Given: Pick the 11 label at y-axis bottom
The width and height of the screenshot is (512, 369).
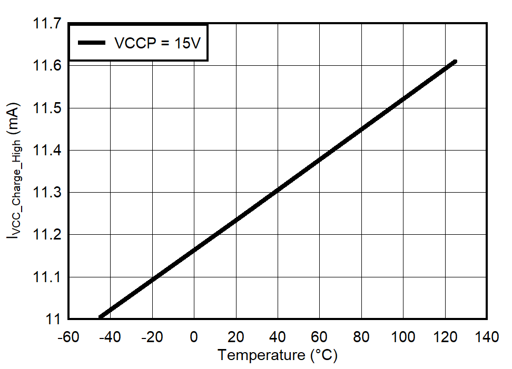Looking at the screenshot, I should (53, 319).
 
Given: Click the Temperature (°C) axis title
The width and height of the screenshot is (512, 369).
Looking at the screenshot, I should (278, 355).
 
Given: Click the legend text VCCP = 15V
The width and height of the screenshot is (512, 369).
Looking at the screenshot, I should (157, 43).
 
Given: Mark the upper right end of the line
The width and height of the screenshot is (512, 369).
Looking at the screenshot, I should (455, 62).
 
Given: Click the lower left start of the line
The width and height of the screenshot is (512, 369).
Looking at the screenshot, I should (100, 317).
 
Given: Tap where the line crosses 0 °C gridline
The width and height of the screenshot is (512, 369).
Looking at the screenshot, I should (194, 250).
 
